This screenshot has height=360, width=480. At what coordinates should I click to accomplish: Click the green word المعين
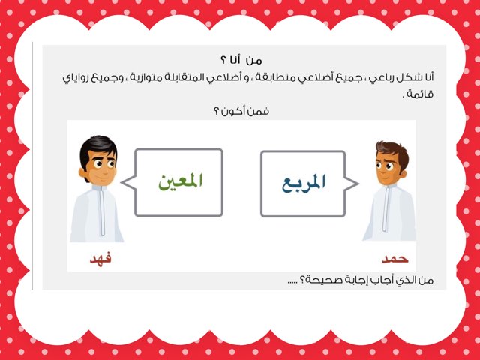(x=181, y=181)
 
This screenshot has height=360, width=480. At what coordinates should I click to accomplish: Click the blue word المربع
(x=303, y=184)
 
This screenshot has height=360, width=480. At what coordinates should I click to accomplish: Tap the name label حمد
(x=394, y=258)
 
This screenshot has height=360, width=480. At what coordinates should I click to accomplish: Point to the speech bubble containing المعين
(x=179, y=182)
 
